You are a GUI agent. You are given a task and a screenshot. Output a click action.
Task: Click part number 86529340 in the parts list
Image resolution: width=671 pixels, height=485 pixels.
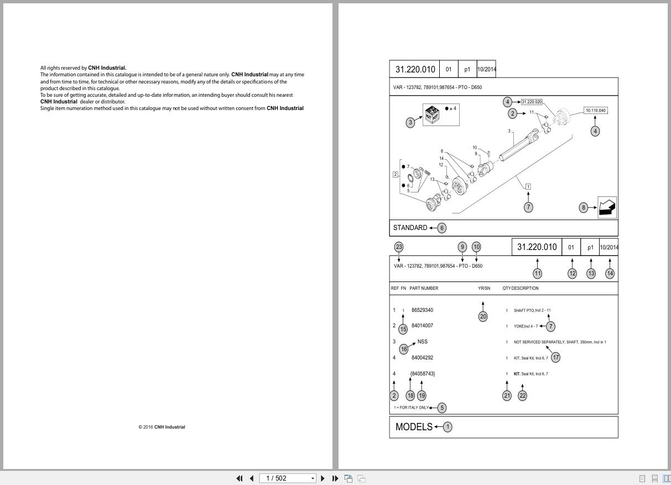click(422, 310)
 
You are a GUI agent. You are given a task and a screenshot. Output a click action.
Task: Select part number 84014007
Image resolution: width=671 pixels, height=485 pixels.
click(422, 326)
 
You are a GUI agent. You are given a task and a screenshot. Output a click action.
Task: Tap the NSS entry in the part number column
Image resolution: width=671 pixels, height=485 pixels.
click(422, 342)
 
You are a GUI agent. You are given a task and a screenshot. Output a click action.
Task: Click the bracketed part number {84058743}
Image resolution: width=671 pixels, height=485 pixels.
click(423, 374)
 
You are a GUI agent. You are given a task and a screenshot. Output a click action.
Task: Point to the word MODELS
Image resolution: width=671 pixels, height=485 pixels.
click(414, 427)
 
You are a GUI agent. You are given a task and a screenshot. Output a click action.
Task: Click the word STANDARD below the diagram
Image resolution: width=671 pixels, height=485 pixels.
click(410, 228)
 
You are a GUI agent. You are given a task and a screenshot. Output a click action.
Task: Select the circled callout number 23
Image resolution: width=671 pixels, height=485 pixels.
click(399, 247)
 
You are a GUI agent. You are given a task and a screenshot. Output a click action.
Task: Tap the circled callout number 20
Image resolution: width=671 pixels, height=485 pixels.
click(483, 316)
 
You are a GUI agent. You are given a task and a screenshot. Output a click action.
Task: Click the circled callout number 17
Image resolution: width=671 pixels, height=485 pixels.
click(556, 357)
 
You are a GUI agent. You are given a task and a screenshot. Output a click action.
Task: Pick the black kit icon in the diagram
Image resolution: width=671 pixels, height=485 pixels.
click(432, 114)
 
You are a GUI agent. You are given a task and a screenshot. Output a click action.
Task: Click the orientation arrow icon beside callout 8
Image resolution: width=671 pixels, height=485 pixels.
click(607, 207)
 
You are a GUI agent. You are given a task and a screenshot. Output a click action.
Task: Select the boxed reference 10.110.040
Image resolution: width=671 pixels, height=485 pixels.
click(595, 111)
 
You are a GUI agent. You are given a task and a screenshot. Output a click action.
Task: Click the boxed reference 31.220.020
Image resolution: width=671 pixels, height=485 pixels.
click(532, 102)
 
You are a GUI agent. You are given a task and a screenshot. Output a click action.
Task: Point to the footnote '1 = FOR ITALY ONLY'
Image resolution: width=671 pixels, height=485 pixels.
click(411, 408)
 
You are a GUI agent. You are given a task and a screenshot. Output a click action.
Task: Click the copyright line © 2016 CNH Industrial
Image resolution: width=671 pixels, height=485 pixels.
click(162, 427)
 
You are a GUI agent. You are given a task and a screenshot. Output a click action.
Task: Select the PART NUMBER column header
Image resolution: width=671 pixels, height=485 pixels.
click(424, 288)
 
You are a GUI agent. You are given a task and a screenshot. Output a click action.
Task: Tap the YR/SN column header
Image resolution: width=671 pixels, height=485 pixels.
click(484, 288)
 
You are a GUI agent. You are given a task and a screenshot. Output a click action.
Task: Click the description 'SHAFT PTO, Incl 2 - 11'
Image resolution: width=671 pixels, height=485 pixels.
click(532, 310)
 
